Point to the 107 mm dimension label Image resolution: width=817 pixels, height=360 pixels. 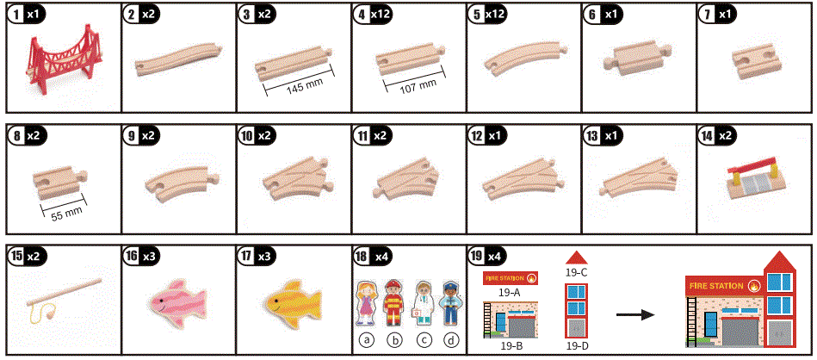(415, 83)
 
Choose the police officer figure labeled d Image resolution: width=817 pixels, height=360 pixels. (449, 302)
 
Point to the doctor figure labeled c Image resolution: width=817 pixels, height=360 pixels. (423, 302)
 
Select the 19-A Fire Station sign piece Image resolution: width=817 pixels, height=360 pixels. (511, 278)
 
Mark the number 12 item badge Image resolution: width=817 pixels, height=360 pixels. (478, 136)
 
